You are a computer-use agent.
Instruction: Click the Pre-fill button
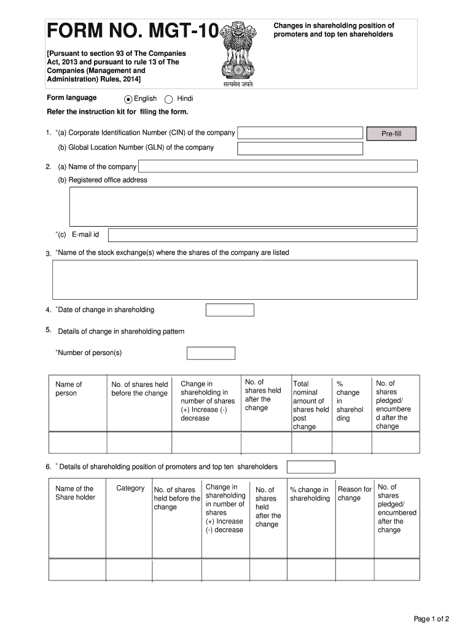(x=391, y=134)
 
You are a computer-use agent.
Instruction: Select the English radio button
(x=128, y=99)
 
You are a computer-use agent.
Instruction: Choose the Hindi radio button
(x=169, y=99)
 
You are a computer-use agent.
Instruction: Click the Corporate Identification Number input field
(x=300, y=133)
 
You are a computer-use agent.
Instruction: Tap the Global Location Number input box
(x=300, y=149)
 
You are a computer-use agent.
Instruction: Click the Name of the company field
(x=278, y=166)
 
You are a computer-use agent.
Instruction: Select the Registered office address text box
(x=243, y=206)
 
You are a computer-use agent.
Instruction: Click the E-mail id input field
(x=263, y=235)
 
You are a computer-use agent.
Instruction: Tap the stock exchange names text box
(x=235, y=279)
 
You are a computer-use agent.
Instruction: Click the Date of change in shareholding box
(x=230, y=310)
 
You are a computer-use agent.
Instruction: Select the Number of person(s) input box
(x=211, y=353)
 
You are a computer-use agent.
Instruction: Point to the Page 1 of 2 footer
(x=432, y=619)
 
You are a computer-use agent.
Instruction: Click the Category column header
(x=130, y=488)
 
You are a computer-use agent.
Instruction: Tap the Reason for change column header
(x=354, y=494)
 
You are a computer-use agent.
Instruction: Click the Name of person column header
(x=68, y=389)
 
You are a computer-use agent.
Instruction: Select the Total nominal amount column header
(x=311, y=405)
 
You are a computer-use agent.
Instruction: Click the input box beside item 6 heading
(x=311, y=467)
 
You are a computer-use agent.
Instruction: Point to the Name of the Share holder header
(x=75, y=493)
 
